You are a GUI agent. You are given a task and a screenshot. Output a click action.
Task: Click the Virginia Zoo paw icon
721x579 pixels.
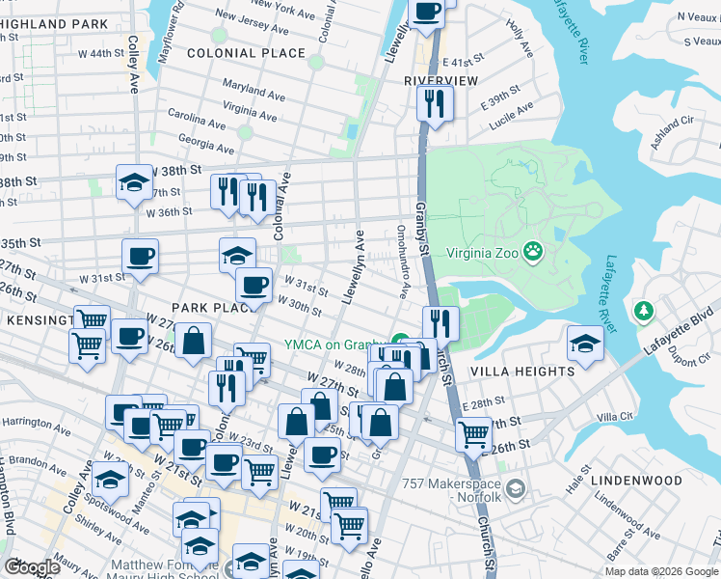(x=533, y=255)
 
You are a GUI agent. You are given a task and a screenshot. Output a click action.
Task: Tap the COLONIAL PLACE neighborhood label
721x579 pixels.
(x=246, y=53)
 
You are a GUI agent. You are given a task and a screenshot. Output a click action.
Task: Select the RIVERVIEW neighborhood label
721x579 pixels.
(x=441, y=81)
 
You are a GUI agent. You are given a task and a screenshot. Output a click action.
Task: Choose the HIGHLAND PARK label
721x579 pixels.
(x=53, y=23)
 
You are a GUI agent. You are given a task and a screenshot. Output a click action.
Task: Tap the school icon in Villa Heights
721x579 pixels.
(x=584, y=343)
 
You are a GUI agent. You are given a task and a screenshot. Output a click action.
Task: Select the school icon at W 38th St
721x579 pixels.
(x=134, y=180)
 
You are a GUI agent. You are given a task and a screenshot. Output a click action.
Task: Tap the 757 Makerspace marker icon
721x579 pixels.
(x=516, y=490)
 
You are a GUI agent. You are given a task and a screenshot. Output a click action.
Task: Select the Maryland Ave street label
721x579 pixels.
(x=254, y=93)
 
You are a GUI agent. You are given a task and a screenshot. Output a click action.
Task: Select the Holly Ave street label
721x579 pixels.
(x=520, y=38)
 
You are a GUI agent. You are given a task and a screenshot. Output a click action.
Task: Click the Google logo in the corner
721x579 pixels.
(x=32, y=567)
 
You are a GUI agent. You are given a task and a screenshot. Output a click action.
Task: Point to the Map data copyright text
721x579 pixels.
(x=660, y=571)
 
